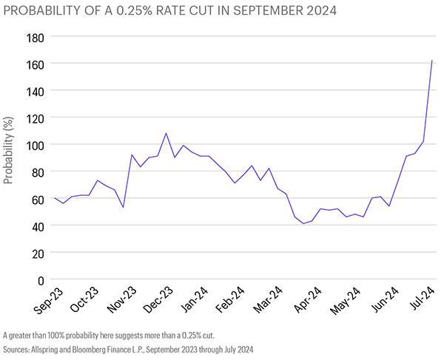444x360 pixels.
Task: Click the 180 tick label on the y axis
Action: [x=33, y=37]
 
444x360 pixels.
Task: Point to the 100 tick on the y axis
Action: [x=33, y=145]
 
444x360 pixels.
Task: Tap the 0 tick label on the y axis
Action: [x=40, y=280]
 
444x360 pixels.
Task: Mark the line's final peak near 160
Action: [x=432, y=61]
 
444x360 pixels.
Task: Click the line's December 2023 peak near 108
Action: [x=166, y=134]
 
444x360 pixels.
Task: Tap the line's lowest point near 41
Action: [x=303, y=223]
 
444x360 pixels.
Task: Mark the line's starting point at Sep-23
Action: [x=54, y=198]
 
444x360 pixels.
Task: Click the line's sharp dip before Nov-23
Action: [x=123, y=207]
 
